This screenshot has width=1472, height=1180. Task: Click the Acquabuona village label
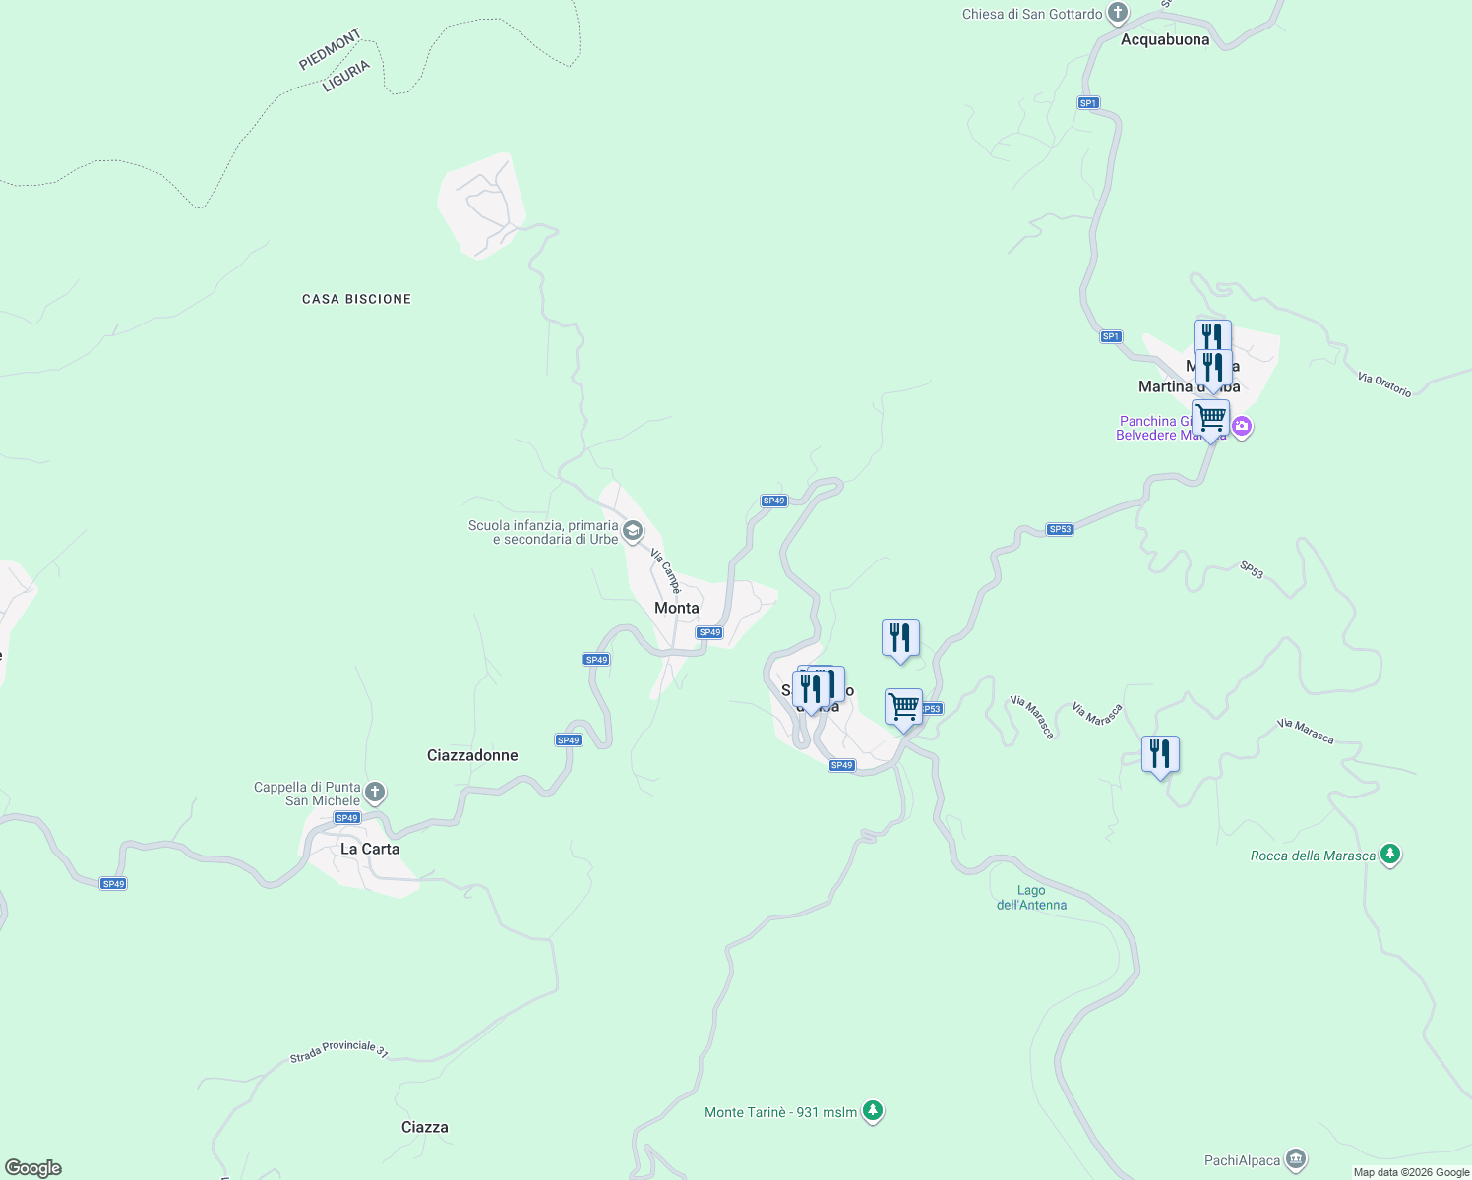1165,40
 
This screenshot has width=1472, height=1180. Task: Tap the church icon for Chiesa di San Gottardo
1117,14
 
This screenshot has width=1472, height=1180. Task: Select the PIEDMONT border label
331,50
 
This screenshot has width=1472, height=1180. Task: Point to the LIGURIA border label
346,76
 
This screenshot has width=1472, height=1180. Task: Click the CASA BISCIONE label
356,299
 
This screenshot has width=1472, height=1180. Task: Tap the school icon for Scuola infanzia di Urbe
633,532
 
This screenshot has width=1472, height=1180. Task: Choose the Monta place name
677,608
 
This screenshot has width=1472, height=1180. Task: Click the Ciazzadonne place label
472,755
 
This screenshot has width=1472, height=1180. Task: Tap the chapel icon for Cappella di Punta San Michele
374,792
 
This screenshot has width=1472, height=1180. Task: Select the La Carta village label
370,849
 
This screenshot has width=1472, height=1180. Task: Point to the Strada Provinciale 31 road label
338,1050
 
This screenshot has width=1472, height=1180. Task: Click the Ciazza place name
425,1127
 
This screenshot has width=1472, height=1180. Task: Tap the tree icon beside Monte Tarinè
873,1111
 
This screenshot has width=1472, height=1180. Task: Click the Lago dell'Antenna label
1031,898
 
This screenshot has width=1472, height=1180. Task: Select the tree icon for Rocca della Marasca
1390,855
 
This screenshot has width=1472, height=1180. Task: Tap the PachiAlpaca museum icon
1297,1160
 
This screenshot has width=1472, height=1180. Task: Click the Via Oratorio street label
1384,384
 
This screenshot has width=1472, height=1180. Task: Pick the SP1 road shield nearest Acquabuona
1087,103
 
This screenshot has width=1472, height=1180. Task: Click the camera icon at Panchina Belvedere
1242,427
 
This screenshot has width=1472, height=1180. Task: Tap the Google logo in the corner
32,1168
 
